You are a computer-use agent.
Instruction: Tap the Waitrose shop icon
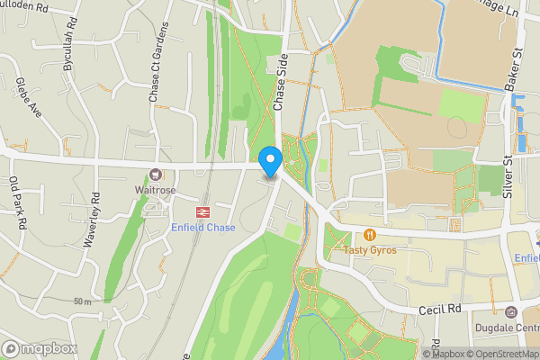[x=156, y=175]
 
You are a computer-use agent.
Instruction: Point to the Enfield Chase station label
[x=203, y=228]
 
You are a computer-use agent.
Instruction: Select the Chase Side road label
[x=279, y=91]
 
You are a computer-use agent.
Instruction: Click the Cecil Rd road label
[x=440, y=308]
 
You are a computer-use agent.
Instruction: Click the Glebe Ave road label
[x=29, y=98]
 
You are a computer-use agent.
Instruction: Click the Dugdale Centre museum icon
[x=511, y=312]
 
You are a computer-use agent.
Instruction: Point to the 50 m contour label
[x=83, y=301]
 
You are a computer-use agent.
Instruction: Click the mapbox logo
[x=40, y=348]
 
